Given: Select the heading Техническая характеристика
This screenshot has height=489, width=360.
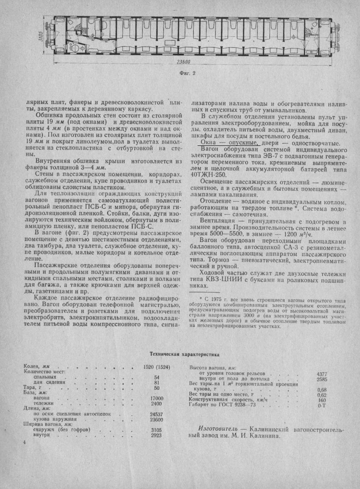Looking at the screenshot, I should pyautogui.click(x=179, y=354).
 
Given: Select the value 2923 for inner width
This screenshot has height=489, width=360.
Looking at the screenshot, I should pyautogui.click(x=157, y=435).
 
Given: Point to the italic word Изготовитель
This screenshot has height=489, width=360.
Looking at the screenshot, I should pyautogui.click(x=216, y=430).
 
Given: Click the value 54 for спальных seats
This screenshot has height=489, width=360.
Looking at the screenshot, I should pyautogui.click(x=157, y=377).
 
